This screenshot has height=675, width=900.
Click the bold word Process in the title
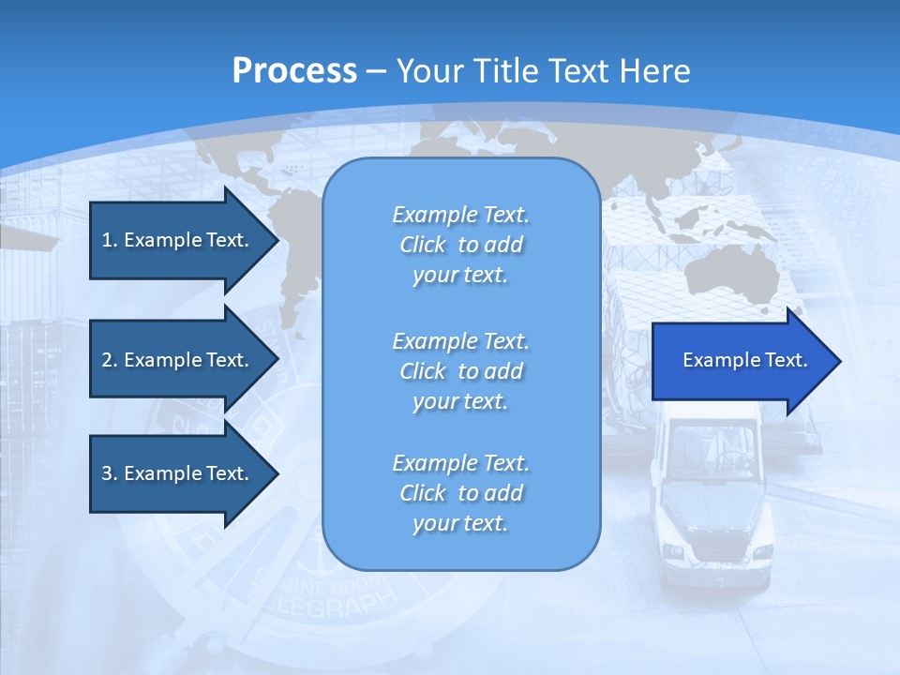tap(294, 70)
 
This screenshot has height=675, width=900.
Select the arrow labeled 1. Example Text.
tap(175, 240)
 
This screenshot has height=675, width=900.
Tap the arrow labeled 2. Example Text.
tap(175, 360)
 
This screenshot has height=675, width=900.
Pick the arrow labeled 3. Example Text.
tap(175, 473)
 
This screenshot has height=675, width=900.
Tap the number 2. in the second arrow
tap(109, 360)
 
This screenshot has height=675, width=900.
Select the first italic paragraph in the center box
tap(460, 245)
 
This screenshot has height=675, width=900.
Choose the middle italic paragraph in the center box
tap(460, 371)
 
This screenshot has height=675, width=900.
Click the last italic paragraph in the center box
tap(460, 493)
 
